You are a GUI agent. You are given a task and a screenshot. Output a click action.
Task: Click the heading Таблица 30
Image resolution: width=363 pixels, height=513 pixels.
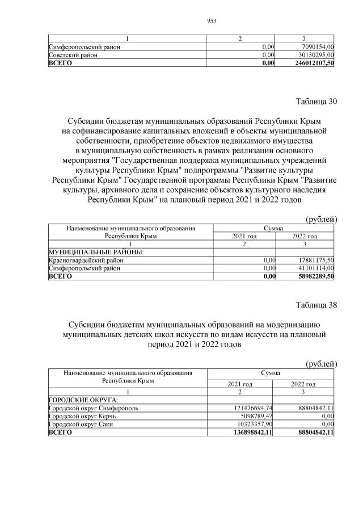click(x=316, y=102)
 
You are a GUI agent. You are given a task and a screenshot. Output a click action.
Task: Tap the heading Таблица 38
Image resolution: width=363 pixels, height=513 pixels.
click(x=316, y=305)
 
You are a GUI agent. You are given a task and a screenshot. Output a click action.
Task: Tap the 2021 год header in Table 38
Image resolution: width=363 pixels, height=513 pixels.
click(x=240, y=384)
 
